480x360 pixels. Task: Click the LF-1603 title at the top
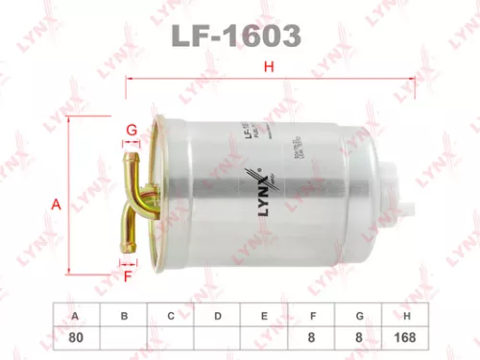pos(239,36)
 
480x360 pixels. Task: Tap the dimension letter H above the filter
pos(269,66)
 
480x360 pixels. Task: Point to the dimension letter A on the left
pos(57,204)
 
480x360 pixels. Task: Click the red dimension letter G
pos(132,130)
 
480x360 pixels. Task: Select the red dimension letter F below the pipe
pos(127,277)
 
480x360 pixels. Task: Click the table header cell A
pos(76,316)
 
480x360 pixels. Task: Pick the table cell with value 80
pos(76,337)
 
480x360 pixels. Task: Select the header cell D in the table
pos(218,316)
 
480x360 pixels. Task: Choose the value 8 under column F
pos(313,337)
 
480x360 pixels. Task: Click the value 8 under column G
pos(360,337)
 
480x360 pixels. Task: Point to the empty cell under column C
pos(171,337)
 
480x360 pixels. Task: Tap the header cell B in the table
pos(123,316)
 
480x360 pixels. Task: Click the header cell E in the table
pos(265,316)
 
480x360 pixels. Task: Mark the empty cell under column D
pos(218,337)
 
